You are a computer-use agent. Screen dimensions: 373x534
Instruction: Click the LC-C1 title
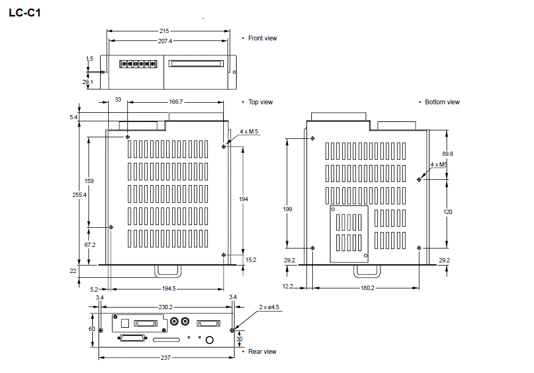pyautogui.click(x=25, y=13)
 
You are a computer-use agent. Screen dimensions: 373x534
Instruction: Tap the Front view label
pyautogui.click(x=262, y=38)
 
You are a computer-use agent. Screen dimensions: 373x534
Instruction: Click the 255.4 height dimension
pyautogui.click(x=79, y=195)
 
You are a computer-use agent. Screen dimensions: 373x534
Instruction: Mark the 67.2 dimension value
pyautogui.click(x=90, y=245)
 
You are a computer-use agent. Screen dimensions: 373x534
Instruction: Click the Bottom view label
pyautogui.click(x=442, y=102)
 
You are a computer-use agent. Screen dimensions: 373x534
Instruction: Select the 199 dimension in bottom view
pyautogui.click(x=287, y=210)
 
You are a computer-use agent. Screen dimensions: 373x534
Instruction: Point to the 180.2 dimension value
pyautogui.click(x=367, y=288)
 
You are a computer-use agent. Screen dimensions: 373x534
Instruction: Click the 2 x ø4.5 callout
pyautogui.click(x=269, y=307)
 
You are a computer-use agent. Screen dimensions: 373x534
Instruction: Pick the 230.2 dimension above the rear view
pyautogui.click(x=166, y=307)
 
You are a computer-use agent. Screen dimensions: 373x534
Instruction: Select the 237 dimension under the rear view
pyautogui.click(x=166, y=358)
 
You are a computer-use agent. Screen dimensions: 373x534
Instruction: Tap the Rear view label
pyautogui.click(x=262, y=352)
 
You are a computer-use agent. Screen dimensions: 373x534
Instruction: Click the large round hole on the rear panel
pyautogui.click(x=210, y=340)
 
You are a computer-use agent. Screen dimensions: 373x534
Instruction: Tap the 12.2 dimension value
pyautogui.click(x=288, y=287)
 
